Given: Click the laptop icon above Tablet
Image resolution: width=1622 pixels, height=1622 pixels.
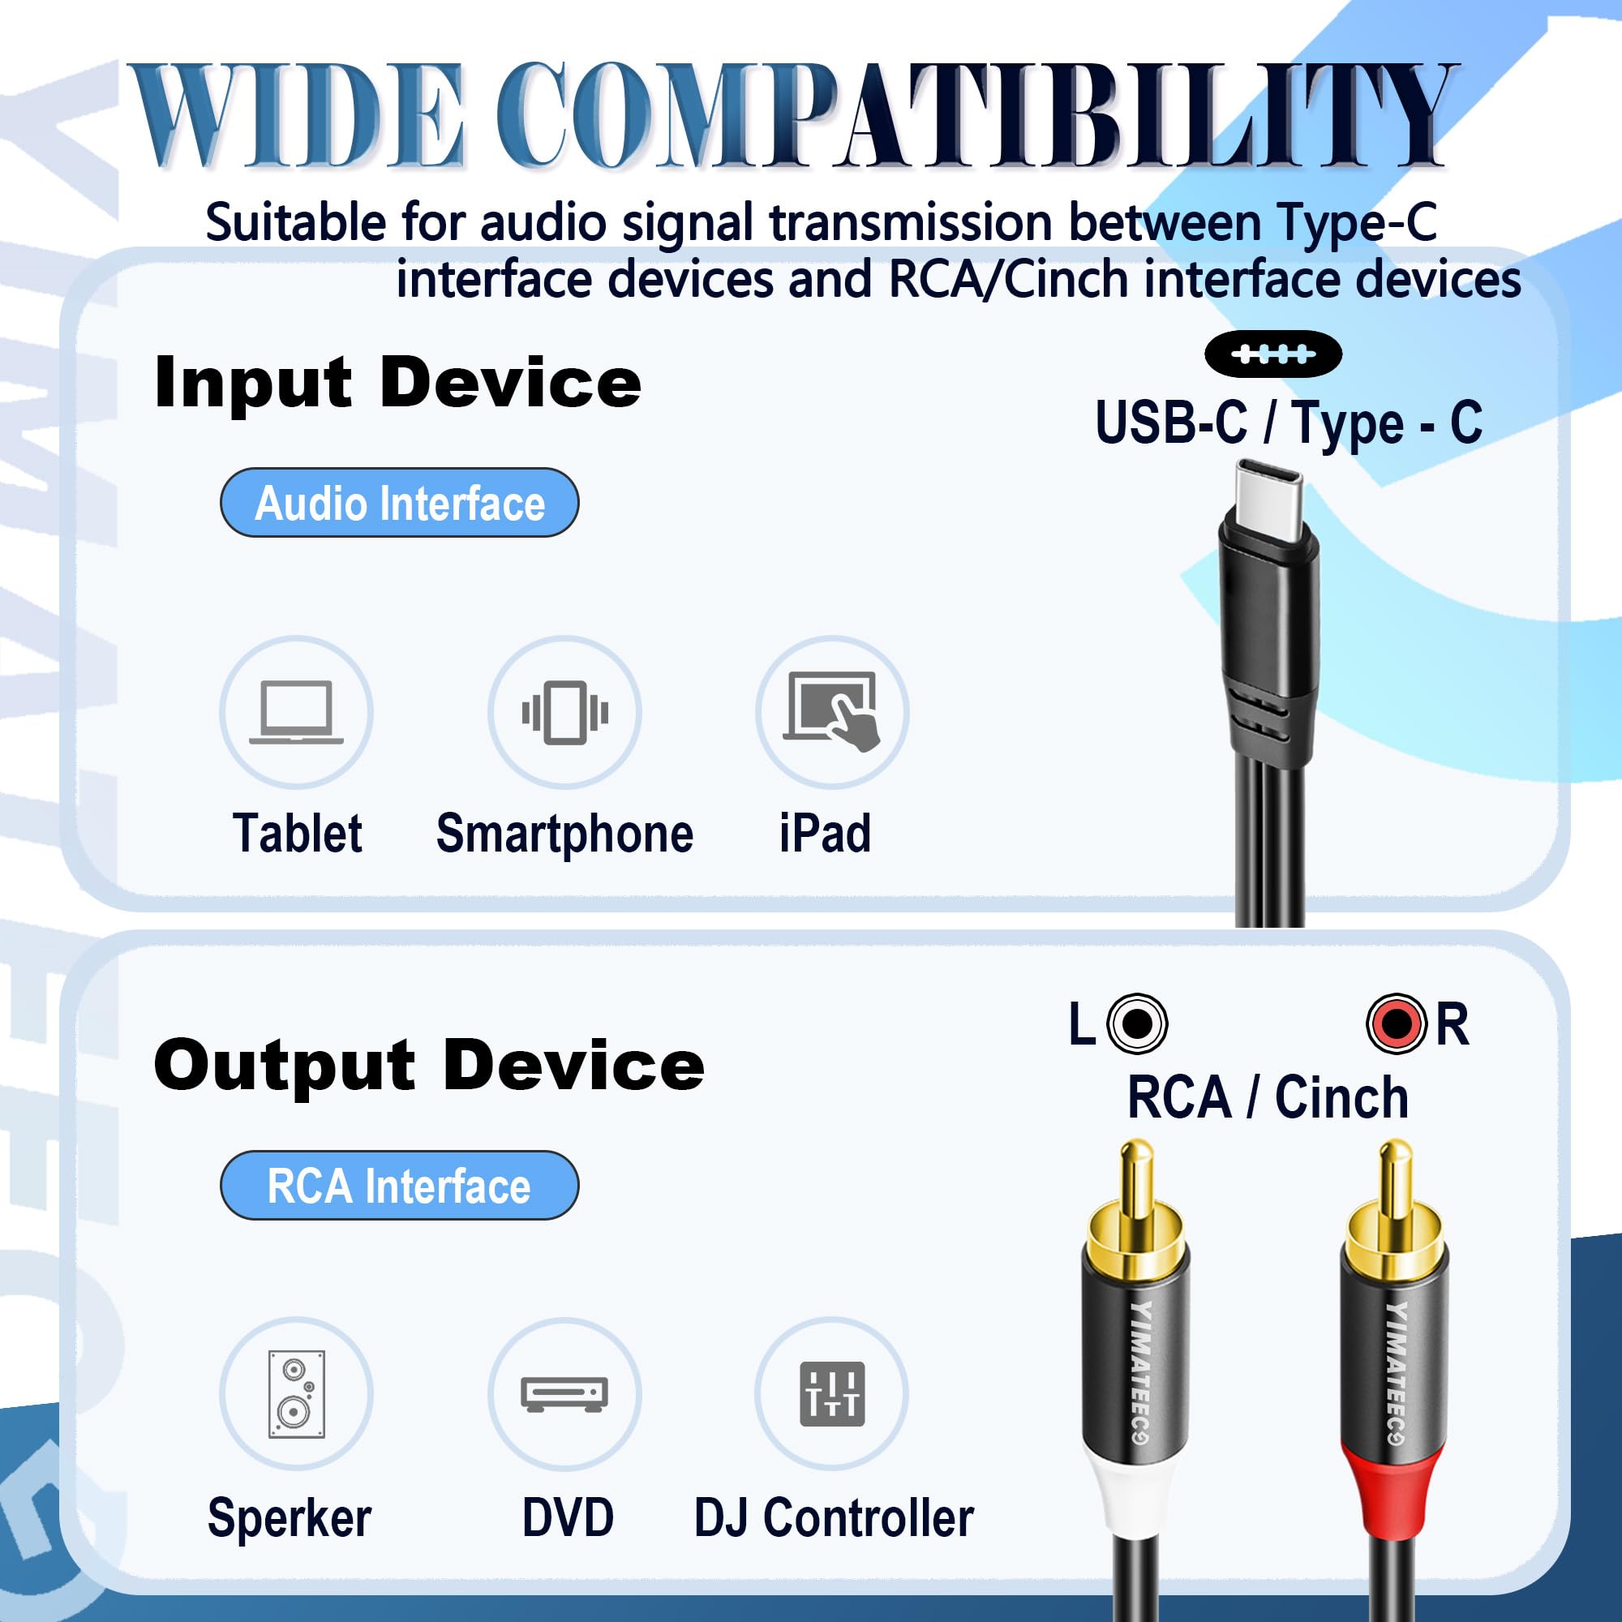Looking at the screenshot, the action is [x=296, y=712].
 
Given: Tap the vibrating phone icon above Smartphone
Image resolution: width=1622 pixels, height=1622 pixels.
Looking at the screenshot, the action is [x=565, y=712].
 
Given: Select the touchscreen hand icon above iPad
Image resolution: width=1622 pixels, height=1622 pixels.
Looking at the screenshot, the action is [x=832, y=711].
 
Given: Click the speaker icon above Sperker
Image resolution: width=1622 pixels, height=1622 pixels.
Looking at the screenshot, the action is [x=296, y=1393].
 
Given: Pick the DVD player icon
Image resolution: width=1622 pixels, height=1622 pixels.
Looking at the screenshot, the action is [x=564, y=1394].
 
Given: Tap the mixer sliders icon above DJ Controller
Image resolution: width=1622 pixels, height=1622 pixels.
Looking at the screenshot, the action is [x=832, y=1394].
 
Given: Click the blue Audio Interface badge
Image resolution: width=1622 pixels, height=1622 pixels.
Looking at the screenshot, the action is [x=400, y=503].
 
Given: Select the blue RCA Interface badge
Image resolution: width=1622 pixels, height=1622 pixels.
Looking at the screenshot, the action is [x=400, y=1186].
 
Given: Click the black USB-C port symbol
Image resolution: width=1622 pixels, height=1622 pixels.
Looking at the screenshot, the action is [x=1272, y=354].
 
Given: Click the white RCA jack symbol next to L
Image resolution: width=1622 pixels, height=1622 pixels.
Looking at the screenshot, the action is [x=1138, y=1023].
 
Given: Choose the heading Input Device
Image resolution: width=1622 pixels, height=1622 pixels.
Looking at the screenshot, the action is [x=398, y=383].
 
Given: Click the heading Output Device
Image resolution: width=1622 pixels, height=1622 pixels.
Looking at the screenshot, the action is [x=429, y=1066].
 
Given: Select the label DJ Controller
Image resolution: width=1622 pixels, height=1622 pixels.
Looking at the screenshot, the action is [x=834, y=1518].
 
